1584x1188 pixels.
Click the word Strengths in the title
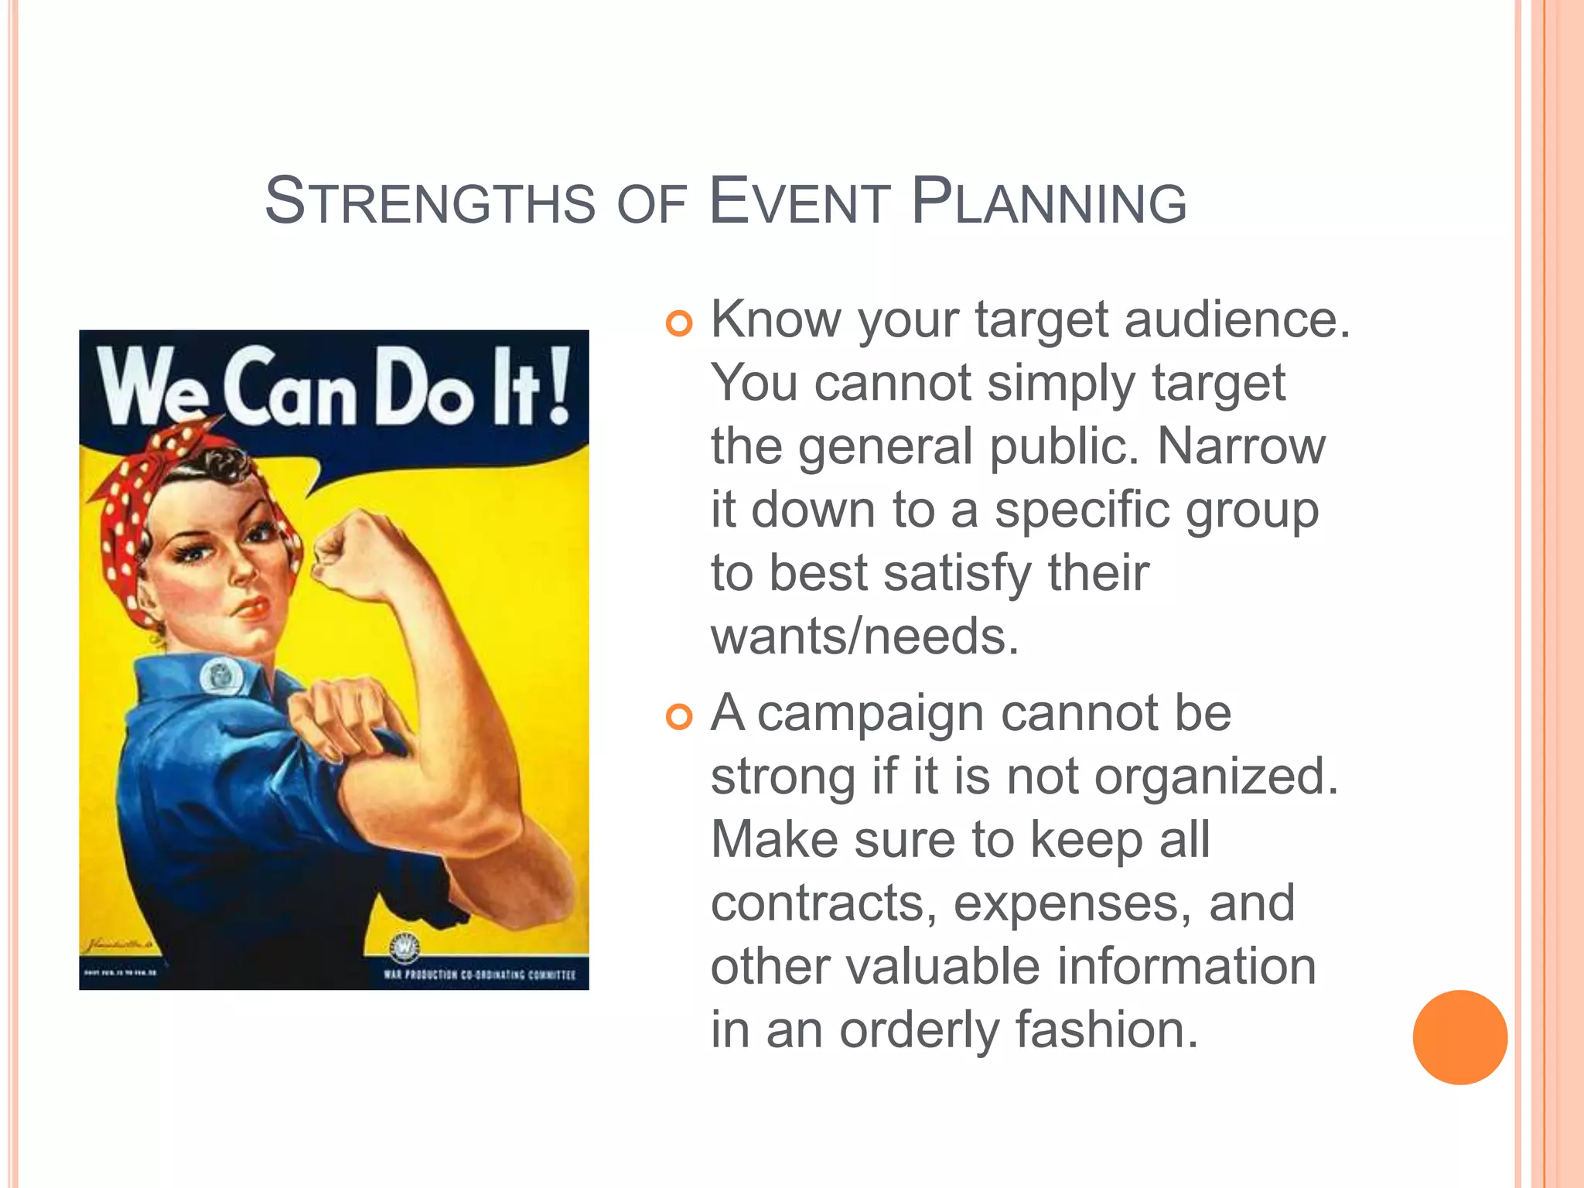click(430, 202)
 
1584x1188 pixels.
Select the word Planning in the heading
click(1049, 202)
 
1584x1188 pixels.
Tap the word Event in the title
click(799, 202)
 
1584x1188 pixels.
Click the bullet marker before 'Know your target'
click(678, 323)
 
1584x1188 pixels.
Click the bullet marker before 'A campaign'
click(678, 717)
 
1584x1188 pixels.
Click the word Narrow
click(1241, 446)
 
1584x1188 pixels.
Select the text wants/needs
click(865, 637)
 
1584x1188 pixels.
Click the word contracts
click(824, 903)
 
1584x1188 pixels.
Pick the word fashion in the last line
click(1106, 1029)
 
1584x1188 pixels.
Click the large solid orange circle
click(1459, 1037)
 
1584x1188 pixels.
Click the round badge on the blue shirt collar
click(221, 677)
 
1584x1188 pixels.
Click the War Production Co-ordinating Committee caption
click(480, 975)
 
